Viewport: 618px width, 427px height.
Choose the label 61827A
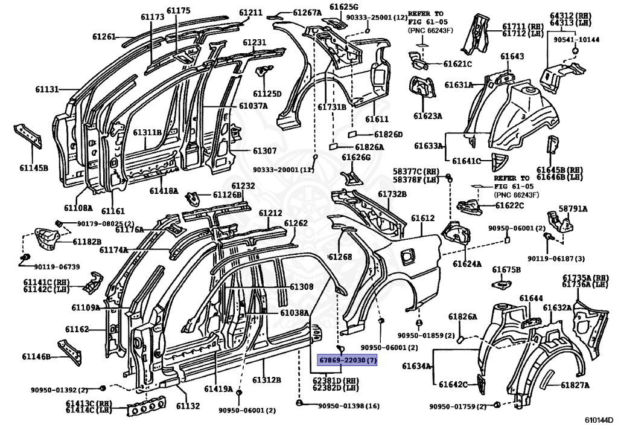575,385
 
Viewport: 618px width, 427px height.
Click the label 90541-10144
575,40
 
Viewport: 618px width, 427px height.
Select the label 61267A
307,12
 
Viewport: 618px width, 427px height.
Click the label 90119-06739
57,267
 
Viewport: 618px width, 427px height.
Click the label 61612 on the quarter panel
422,218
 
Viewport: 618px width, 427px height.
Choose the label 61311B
147,132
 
